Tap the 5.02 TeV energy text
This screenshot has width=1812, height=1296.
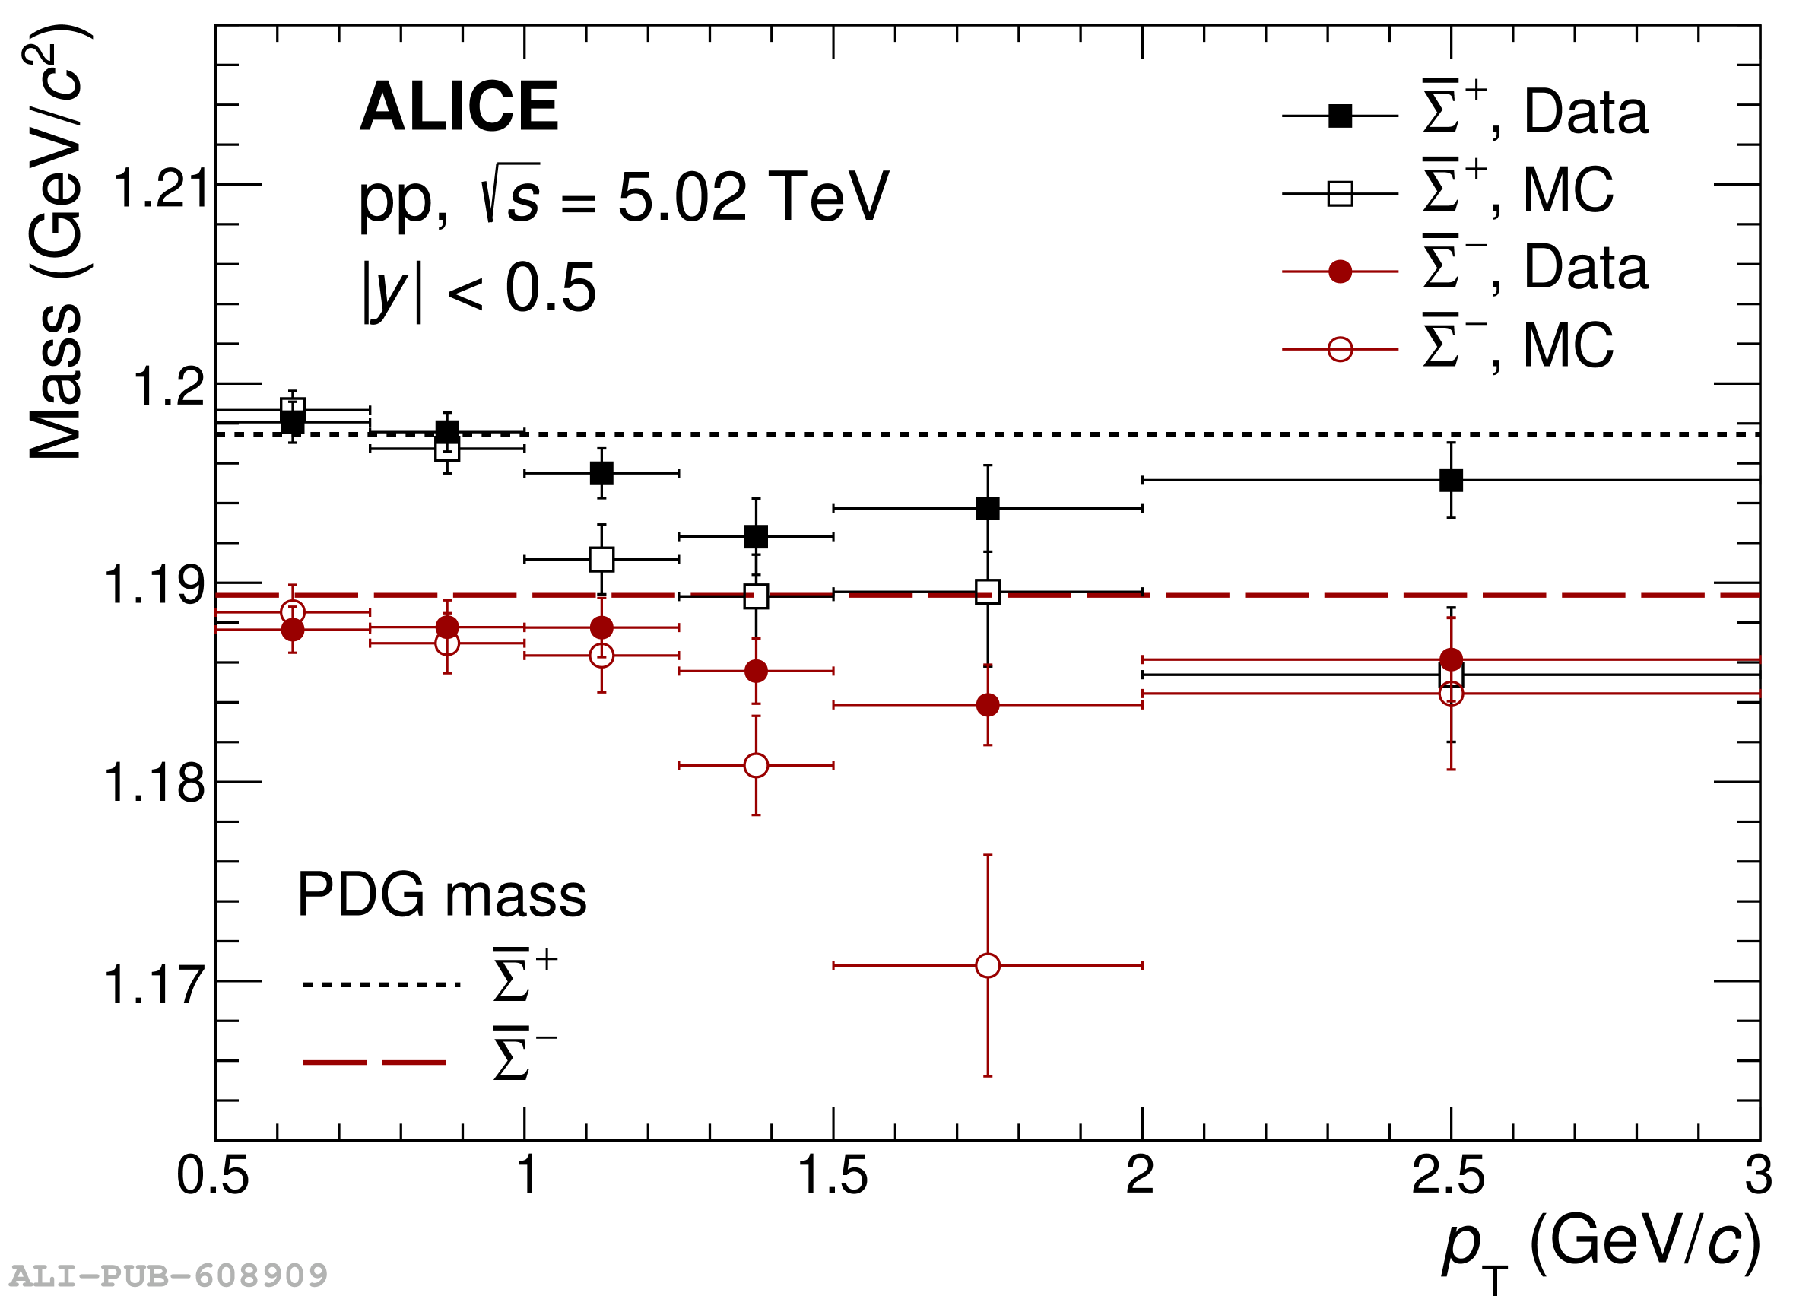pos(753,196)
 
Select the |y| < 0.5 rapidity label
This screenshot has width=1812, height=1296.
pos(479,288)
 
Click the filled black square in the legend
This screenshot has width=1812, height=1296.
pos(1340,116)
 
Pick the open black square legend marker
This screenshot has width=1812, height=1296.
pos(1340,193)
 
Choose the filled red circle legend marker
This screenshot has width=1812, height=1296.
pos(1340,272)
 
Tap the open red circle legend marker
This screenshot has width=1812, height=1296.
pos(1340,349)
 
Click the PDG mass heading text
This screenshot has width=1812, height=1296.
pos(441,895)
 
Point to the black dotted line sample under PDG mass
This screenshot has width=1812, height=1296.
pos(382,984)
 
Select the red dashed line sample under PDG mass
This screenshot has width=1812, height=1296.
pos(373,1063)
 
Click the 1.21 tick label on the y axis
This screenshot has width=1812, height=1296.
pos(160,189)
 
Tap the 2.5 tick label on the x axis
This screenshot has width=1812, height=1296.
pos(1449,1175)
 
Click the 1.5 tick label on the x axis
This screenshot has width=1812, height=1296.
pos(832,1175)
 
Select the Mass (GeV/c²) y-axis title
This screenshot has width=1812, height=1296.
pos(56,243)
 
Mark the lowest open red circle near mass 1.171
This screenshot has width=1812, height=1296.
pos(988,965)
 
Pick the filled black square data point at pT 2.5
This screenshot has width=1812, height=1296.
pos(1451,481)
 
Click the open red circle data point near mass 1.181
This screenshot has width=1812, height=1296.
pos(756,765)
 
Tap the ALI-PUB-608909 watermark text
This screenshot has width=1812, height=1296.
pos(168,1275)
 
